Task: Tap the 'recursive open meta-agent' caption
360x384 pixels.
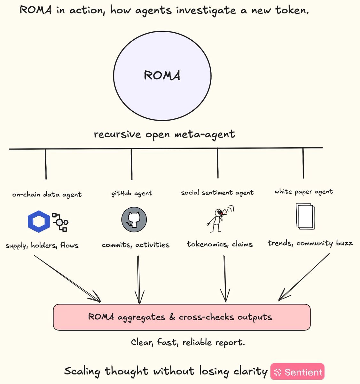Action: tap(164, 134)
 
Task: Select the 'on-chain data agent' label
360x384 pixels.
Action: tap(47, 194)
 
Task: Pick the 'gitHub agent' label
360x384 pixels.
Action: tap(132, 193)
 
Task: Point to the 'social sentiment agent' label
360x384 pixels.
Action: tap(217, 193)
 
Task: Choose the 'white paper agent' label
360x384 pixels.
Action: tap(304, 192)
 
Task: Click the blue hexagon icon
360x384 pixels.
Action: tap(39, 221)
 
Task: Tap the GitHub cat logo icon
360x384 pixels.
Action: tap(134, 220)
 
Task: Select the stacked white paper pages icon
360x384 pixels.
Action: tap(305, 216)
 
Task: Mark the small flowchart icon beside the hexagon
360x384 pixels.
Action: tap(60, 222)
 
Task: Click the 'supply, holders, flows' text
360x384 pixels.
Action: tap(42, 245)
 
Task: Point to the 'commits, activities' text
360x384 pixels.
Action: tap(136, 245)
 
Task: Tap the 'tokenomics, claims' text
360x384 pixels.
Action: tap(220, 244)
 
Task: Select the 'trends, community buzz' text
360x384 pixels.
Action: tap(310, 243)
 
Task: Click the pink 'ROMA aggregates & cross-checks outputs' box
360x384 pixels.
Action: tap(182, 317)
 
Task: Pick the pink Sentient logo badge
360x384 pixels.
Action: tap(297, 372)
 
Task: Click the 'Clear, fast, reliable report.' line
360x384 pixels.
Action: tap(188, 342)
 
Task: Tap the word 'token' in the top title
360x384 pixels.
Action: tap(292, 10)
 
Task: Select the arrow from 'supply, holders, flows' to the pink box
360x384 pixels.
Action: tap(67, 279)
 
